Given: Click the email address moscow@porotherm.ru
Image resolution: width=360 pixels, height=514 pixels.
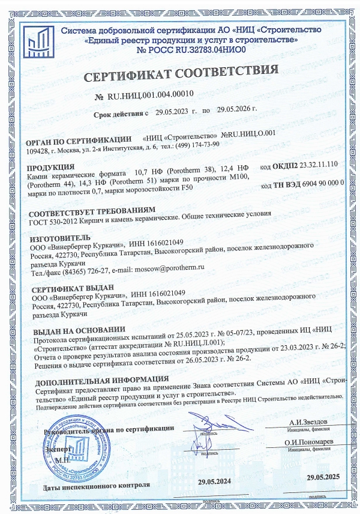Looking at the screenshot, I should tap(169, 273).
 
